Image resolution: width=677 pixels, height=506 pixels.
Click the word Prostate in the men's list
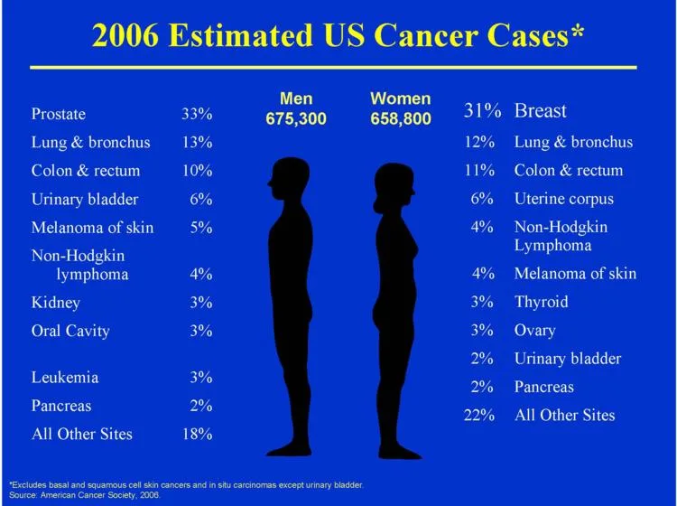[x=59, y=114]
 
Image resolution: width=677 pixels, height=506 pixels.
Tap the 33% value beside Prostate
[x=197, y=114]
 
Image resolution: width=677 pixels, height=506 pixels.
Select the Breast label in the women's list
[x=540, y=111]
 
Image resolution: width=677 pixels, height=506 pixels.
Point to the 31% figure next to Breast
[x=482, y=110]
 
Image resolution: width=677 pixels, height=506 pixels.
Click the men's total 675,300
[x=296, y=118]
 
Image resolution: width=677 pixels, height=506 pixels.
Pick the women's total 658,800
[x=401, y=118]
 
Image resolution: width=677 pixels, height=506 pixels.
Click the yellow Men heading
[x=296, y=98]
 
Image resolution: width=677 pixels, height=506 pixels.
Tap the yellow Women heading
[x=401, y=98]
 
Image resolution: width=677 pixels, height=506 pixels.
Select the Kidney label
[x=56, y=303]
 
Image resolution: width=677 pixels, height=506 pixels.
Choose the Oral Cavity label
[x=70, y=331]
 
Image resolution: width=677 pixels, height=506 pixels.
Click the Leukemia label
[x=65, y=377]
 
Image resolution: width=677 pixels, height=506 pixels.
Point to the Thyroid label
[x=541, y=302]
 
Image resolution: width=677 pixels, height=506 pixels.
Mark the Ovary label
[x=535, y=331]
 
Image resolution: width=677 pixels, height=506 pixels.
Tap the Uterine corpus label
[x=564, y=199]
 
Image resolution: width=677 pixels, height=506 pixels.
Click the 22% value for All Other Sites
[x=479, y=416]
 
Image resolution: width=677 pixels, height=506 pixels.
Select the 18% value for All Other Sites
[x=198, y=434]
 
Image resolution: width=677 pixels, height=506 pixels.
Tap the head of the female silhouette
[x=394, y=187]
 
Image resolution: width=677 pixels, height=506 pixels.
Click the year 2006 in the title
[x=125, y=35]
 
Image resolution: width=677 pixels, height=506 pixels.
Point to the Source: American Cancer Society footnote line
[x=85, y=495]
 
